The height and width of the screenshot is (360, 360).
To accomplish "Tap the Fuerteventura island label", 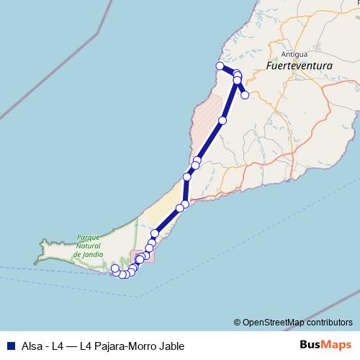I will [x=298, y=66].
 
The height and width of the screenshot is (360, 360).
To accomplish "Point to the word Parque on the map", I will [x=87, y=237].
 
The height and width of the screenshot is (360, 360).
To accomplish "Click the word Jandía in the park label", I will [x=93, y=254].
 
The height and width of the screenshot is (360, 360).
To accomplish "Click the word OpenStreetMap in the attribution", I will [x=274, y=322].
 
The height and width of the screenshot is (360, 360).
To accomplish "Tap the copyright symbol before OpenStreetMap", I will [x=237, y=322].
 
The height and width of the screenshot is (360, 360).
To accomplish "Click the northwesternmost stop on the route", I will [x=220, y=66].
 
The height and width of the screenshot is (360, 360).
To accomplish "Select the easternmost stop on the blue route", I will [x=245, y=94].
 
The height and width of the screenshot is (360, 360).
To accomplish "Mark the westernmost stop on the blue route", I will [x=114, y=269].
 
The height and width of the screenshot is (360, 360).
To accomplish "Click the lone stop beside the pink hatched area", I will [x=222, y=120].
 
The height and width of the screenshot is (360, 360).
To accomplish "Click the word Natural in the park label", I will [x=86, y=246].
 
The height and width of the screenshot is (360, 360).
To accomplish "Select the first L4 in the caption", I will [x=59, y=346].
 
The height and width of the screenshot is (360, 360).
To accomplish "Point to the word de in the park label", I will [x=77, y=254].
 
